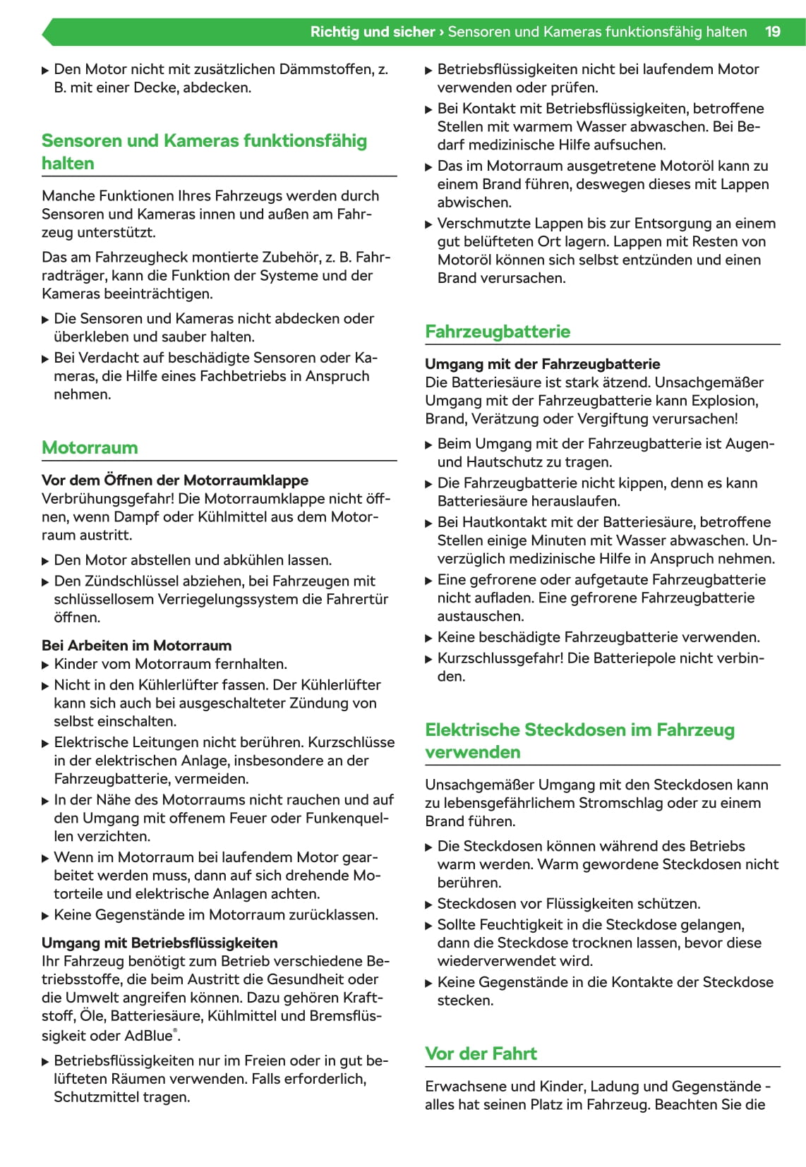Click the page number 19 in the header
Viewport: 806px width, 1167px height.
click(773, 32)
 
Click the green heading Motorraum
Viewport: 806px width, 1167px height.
click(90, 447)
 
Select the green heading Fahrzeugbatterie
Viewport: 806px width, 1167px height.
click(498, 332)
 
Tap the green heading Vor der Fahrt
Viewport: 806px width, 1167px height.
click(481, 1053)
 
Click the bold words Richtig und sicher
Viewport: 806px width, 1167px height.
click(373, 32)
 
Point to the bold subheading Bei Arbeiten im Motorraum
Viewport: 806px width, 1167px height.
click(136, 646)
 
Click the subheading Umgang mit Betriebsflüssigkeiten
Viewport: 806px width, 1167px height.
click(160, 943)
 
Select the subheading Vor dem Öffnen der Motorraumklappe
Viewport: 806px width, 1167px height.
click(175, 480)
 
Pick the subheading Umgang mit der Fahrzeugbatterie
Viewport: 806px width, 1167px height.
click(542, 364)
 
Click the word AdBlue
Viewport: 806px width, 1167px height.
click(149, 1036)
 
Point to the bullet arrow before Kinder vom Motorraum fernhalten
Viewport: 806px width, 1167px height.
click(46, 665)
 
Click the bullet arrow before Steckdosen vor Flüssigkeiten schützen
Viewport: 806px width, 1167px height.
click(429, 905)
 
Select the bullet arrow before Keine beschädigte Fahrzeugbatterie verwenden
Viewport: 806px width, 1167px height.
click(429, 638)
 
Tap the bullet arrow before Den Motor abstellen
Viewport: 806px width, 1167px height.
click(46, 561)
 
